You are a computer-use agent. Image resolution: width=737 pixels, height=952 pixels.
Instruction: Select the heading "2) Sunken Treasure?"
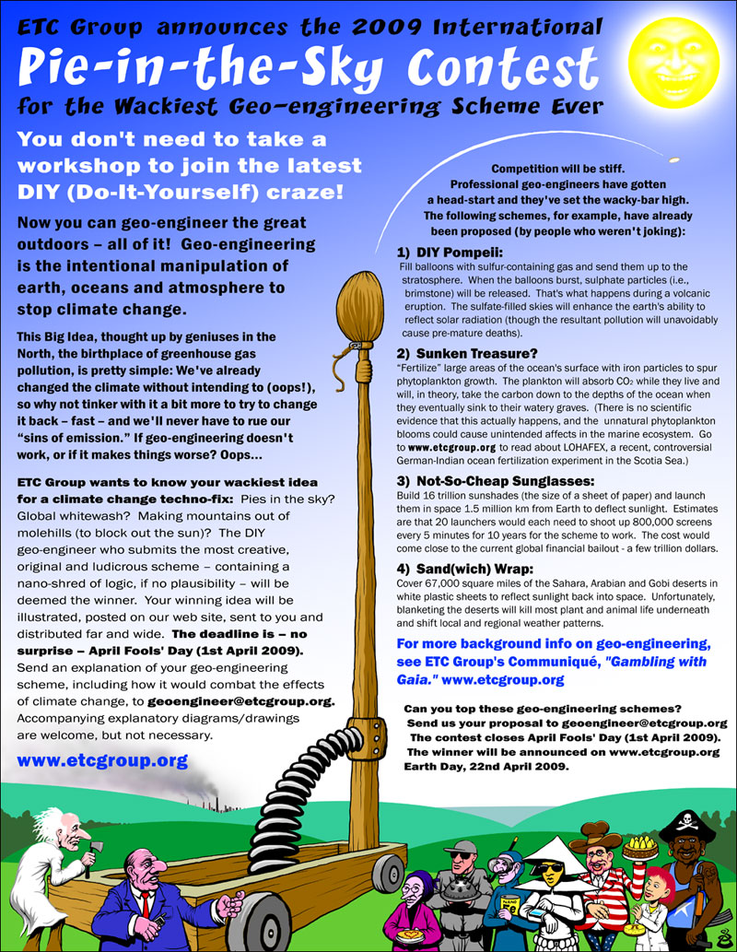pos(455,353)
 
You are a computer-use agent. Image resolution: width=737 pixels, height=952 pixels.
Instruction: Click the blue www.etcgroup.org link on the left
pos(102,760)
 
